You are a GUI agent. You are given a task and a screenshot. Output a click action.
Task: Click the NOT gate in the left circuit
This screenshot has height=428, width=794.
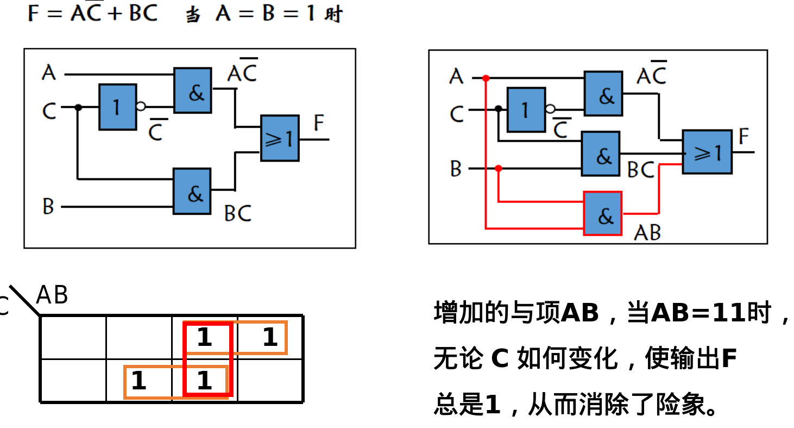(117, 107)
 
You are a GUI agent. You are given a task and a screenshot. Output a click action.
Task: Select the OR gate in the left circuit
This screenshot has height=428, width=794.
(280, 138)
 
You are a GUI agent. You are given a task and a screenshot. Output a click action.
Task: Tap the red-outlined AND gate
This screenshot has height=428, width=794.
(603, 214)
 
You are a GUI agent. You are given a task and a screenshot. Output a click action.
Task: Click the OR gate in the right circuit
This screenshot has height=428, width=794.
(707, 152)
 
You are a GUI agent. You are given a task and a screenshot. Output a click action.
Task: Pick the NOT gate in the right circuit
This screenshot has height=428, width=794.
(526, 110)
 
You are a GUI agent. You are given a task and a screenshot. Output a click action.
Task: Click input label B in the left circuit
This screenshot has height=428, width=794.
(48, 207)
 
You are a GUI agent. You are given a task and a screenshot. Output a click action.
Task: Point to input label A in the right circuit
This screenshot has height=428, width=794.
(456, 77)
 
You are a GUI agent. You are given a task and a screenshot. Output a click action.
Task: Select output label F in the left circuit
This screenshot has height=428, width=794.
(319, 123)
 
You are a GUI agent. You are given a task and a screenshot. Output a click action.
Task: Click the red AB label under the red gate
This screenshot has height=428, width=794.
(647, 233)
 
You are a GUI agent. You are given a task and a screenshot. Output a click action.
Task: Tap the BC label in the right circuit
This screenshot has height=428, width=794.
(641, 170)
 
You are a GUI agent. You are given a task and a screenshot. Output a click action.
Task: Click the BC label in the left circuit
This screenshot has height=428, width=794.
(238, 213)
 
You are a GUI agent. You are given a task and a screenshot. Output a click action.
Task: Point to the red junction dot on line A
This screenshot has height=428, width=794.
(486, 78)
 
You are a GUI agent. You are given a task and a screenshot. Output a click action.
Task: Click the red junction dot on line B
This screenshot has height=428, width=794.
(499, 169)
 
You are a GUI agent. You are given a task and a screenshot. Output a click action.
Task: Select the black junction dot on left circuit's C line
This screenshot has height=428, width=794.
(78, 107)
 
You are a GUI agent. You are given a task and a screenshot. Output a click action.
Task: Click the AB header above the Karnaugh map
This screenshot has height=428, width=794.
(52, 295)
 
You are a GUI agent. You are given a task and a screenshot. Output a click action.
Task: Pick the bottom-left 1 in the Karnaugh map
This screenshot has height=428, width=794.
(138, 380)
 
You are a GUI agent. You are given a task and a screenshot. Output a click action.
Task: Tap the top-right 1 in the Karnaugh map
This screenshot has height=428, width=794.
(270, 338)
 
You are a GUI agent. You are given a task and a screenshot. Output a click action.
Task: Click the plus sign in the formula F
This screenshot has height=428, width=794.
(115, 13)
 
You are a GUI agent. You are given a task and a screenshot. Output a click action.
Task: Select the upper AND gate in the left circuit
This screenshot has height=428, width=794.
(193, 90)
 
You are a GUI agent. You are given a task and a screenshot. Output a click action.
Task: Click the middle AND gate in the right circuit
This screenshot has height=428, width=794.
(601, 154)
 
